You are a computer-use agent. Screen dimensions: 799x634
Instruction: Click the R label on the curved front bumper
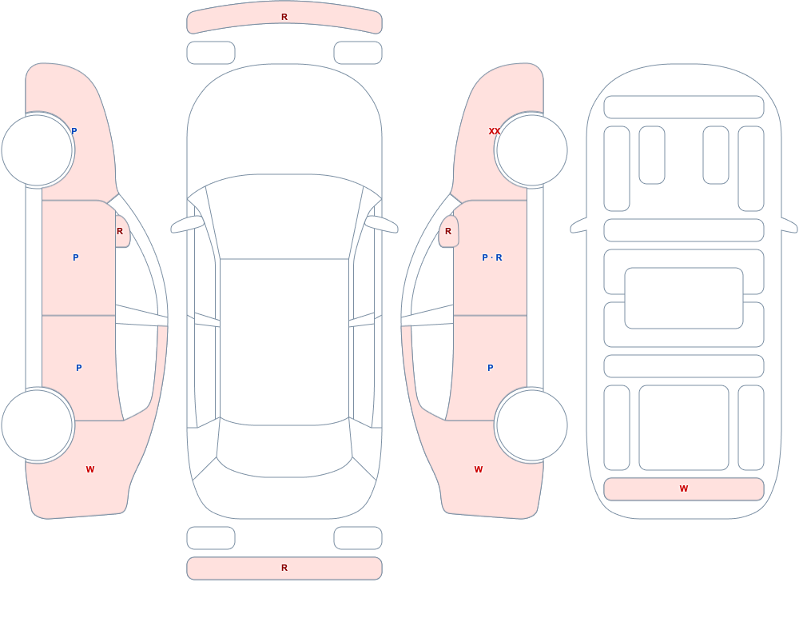pos(284,17)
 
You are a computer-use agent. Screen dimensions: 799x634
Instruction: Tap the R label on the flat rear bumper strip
pos(284,568)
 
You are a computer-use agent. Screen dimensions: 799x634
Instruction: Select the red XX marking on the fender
pos(495,131)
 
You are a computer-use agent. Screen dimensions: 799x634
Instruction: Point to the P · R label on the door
pos(491,257)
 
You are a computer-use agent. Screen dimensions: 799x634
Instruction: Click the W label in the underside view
pos(684,488)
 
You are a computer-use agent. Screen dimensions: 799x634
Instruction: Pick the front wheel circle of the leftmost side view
pos(38,150)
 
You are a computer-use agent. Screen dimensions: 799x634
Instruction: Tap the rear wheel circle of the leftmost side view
pos(38,425)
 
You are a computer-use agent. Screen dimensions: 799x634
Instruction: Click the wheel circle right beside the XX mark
pos(531,150)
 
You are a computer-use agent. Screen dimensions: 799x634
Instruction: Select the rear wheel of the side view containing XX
pos(531,425)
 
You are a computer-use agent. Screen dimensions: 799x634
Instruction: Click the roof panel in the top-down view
pos(284,341)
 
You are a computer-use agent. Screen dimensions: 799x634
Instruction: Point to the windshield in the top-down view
pos(284,217)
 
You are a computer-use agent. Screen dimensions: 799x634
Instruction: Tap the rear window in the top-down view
pos(284,449)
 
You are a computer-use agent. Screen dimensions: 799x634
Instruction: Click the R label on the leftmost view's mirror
pos(120,231)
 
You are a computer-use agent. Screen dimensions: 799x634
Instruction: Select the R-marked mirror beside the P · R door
pos(449,231)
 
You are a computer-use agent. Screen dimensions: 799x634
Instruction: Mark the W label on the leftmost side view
pos(90,469)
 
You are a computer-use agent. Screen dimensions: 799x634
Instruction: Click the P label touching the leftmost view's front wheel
pos(74,131)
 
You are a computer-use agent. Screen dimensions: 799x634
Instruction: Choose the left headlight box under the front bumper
pos(211,53)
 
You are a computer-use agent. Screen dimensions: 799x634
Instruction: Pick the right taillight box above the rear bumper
pos(358,538)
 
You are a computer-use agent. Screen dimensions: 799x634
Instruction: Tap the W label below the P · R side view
pos(479,469)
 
